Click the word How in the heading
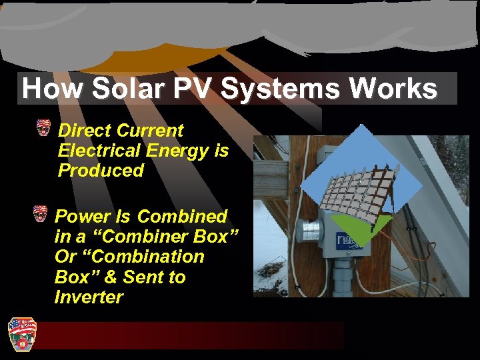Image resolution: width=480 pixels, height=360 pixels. click(51, 89)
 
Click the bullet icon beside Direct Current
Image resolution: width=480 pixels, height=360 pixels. click(44, 128)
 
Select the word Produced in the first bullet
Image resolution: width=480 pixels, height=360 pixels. click(101, 171)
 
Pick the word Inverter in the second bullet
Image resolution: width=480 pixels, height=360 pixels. click(89, 297)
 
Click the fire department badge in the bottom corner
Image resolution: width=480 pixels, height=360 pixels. click(21, 333)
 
